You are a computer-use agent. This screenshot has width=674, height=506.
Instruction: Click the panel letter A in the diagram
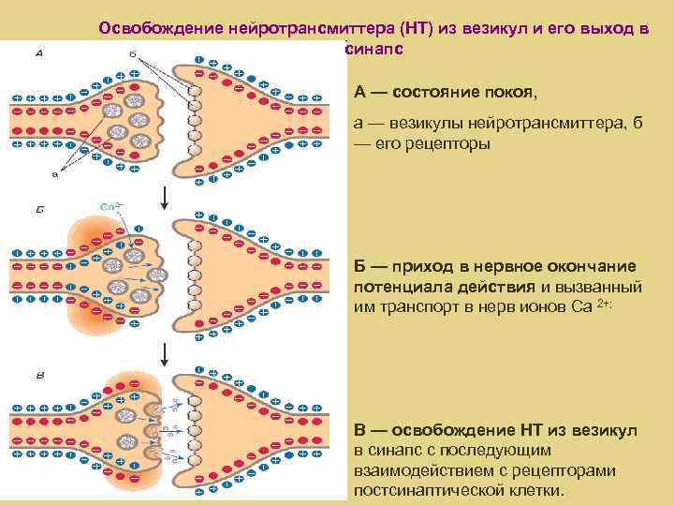point(38,52)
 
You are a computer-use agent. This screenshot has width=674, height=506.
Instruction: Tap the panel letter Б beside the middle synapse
point(38,215)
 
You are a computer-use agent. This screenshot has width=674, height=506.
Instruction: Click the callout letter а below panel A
point(55,173)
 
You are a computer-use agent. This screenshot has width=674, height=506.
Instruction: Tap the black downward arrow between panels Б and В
point(165,353)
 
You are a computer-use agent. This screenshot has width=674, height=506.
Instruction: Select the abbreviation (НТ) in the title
point(404,27)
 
